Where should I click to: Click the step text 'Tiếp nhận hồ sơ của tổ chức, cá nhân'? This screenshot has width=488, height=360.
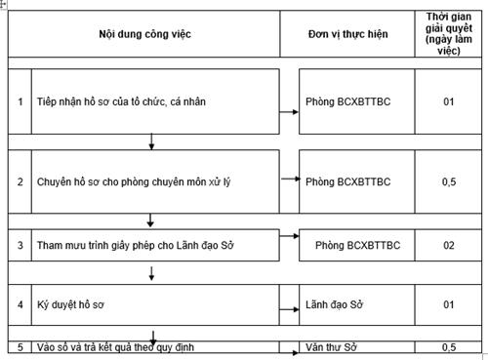click(120, 101)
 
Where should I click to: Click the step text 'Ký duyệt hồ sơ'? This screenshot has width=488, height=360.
click(70, 305)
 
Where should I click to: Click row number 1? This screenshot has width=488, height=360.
click(20, 101)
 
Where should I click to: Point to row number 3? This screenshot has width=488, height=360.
click(20, 245)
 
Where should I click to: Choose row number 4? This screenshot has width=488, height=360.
click(20, 305)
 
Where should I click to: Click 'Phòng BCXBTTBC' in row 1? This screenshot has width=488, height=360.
click(347, 101)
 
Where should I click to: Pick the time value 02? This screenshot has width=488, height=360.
click(448, 245)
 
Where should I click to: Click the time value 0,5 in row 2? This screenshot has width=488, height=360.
click(448, 181)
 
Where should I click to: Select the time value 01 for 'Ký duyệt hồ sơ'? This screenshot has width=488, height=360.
click(448, 305)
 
